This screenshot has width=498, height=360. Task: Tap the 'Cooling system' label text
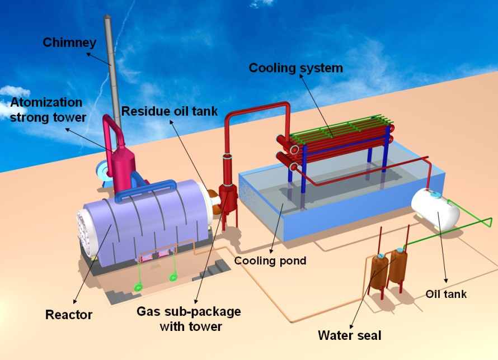tap(295, 68)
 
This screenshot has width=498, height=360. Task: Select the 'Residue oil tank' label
tap(170, 111)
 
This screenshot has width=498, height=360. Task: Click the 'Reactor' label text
tap(69, 315)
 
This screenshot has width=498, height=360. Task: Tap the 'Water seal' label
tap(349, 335)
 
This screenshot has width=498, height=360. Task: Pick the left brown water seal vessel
tap(379, 272)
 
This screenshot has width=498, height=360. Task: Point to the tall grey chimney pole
tap(111, 67)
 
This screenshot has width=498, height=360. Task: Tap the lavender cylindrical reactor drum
tap(151, 218)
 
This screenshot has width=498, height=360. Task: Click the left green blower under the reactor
tap(137, 287)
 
